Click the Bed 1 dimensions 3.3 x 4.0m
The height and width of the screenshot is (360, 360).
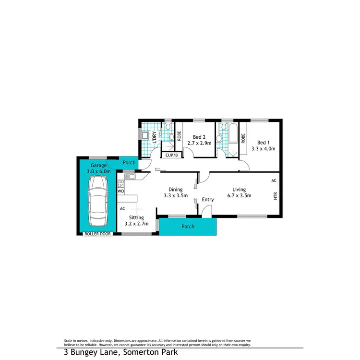point(266,148)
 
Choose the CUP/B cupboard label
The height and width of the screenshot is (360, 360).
point(171,155)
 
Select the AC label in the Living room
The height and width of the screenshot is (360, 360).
point(274,180)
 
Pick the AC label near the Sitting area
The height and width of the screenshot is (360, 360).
point(122,209)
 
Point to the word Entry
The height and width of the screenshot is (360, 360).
point(208,200)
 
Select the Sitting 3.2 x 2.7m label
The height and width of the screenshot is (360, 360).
point(136,220)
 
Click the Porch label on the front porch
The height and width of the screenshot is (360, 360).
point(188,226)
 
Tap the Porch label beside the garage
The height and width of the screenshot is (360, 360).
point(129,163)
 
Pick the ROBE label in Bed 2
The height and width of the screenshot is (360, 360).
point(179,136)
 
